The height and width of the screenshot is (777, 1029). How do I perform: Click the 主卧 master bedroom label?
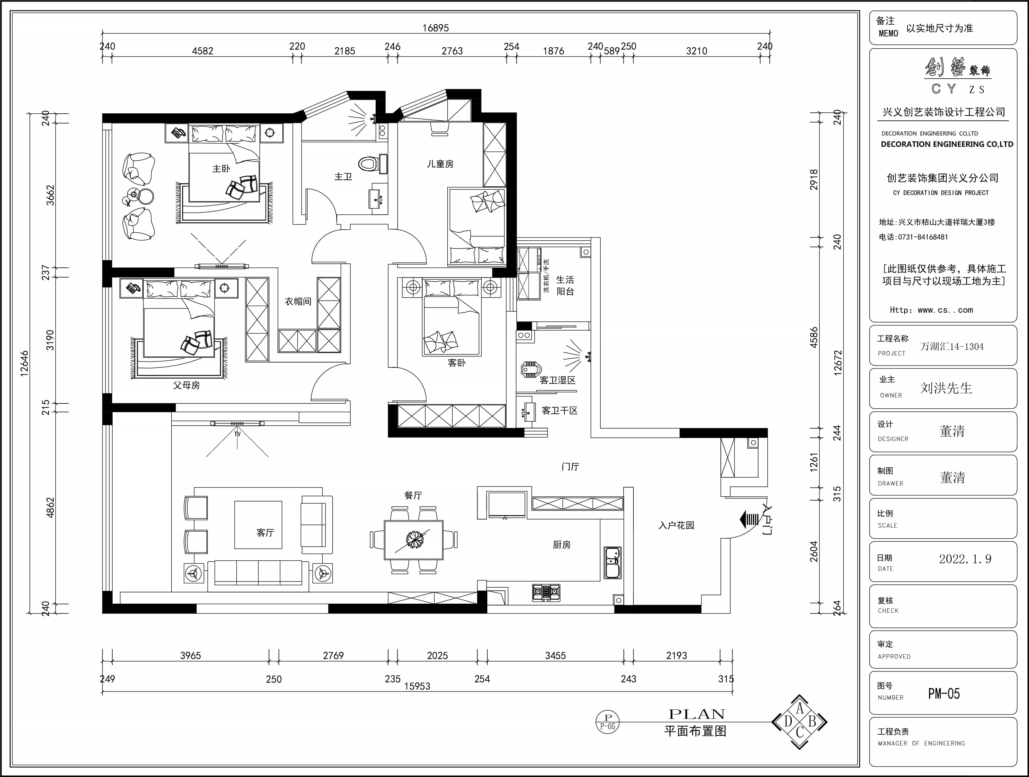tap(221, 169)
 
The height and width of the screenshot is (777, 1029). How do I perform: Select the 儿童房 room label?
tap(440, 164)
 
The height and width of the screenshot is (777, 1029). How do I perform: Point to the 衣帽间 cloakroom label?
tap(298, 302)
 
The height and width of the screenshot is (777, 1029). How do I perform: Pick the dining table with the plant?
tap(414, 540)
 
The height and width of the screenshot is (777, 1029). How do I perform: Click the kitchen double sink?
tap(613, 562)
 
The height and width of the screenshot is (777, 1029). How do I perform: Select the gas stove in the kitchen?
tap(546, 592)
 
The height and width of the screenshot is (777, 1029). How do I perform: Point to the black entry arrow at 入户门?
tap(749, 519)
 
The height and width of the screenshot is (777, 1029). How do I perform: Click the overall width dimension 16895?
tap(435, 28)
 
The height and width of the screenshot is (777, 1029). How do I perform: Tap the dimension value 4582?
tap(203, 51)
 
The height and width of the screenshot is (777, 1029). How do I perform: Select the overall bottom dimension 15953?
tap(417, 686)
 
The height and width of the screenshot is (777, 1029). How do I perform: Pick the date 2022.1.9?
tap(965, 559)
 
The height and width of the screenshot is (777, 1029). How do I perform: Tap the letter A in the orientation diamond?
tap(800, 708)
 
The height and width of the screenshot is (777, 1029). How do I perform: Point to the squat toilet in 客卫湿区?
tap(530, 370)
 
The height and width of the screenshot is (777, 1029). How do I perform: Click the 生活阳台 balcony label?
tap(565, 285)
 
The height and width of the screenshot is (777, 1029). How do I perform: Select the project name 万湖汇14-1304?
tap(952, 346)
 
